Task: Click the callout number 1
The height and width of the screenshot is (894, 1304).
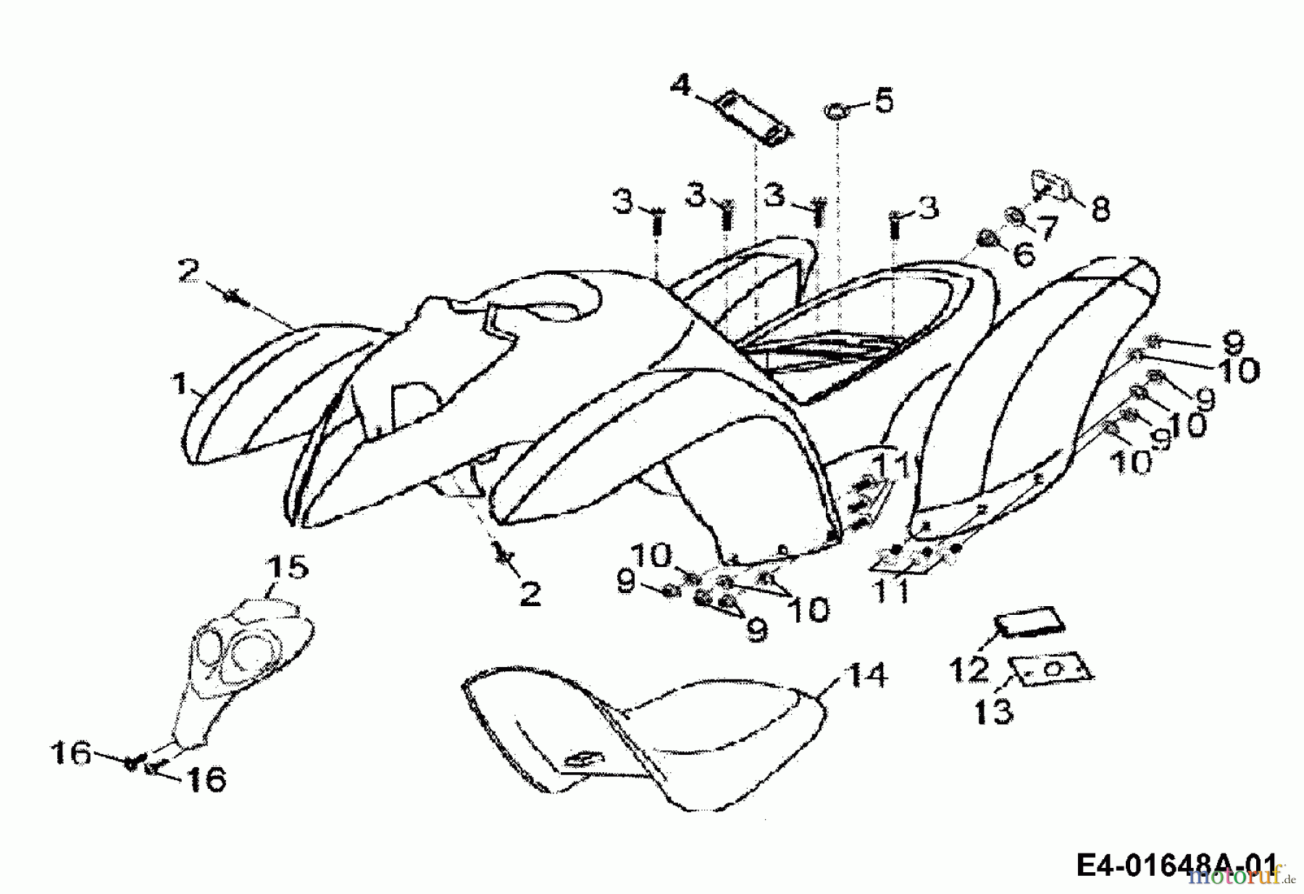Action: tap(179, 382)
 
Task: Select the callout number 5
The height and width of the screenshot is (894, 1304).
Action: tap(884, 100)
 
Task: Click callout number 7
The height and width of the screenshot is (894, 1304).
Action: tap(1047, 228)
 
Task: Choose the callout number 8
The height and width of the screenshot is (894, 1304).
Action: tap(1100, 210)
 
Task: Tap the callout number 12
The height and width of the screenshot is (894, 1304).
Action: tap(970, 669)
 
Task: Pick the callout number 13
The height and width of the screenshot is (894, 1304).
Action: tap(993, 711)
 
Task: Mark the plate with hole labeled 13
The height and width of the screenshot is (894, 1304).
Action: tap(1054, 669)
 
